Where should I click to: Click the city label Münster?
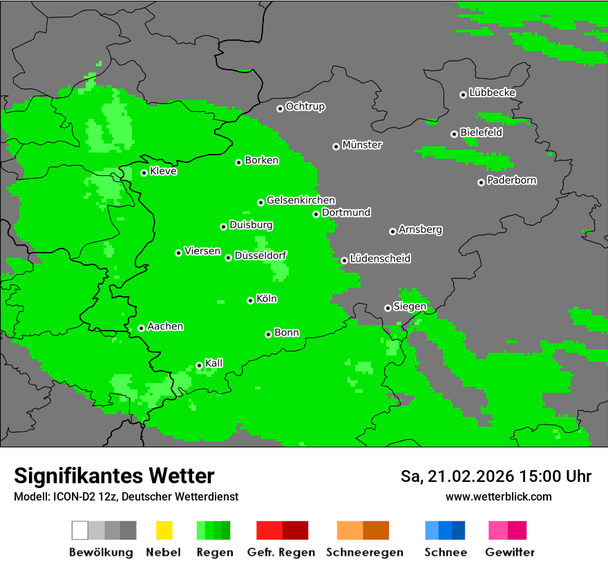click(362, 145)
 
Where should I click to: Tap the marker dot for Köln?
click(250, 300)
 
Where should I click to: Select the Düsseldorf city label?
click(260, 255)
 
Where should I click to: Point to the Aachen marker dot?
click(141, 328)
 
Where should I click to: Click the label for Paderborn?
click(511, 180)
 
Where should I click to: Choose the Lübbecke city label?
click(492, 93)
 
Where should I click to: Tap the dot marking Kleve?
click(144, 173)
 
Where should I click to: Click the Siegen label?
click(410, 307)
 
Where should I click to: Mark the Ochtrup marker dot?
click(280, 108)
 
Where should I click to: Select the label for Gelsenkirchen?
click(301, 200)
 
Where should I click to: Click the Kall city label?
click(214, 363)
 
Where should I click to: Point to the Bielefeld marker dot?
click(454, 134)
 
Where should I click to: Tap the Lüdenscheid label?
click(380, 259)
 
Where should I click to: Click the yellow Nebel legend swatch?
click(164, 530)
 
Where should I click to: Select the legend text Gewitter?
click(510, 552)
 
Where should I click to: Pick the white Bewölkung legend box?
click(80, 530)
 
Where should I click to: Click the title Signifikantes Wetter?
click(114, 476)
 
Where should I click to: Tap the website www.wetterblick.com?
click(498, 496)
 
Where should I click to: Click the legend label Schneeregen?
click(365, 552)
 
